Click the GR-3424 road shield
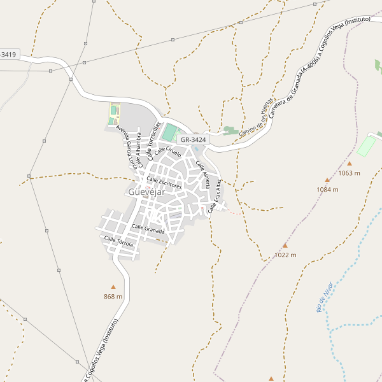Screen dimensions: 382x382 click(x=193, y=139)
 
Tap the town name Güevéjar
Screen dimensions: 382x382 click(x=146, y=192)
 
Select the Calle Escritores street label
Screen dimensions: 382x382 click(x=164, y=183)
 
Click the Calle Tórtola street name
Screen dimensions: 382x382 click(x=118, y=241)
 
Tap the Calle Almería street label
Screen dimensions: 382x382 click(x=203, y=174)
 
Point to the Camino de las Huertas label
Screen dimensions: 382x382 click(x=256, y=116)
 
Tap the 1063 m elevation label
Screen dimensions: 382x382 click(x=349, y=173)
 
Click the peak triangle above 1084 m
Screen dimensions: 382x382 click(x=327, y=180)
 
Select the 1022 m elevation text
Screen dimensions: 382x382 click(x=285, y=255)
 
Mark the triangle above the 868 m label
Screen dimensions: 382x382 click(x=113, y=287)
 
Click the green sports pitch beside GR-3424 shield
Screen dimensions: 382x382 click(x=170, y=133)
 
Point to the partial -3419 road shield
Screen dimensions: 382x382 click(x=9, y=54)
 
